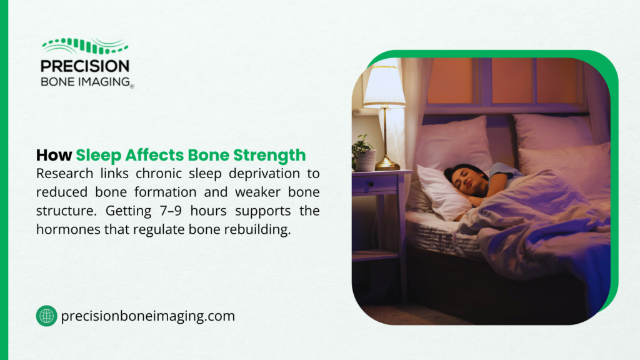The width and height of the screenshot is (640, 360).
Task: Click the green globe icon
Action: click(46, 316)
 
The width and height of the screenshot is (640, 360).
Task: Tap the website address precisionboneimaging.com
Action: click(148, 316)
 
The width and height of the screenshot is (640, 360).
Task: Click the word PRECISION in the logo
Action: click(84, 66)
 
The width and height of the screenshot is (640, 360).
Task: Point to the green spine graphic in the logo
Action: click(85, 46)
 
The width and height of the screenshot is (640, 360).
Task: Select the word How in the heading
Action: click(54, 155)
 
